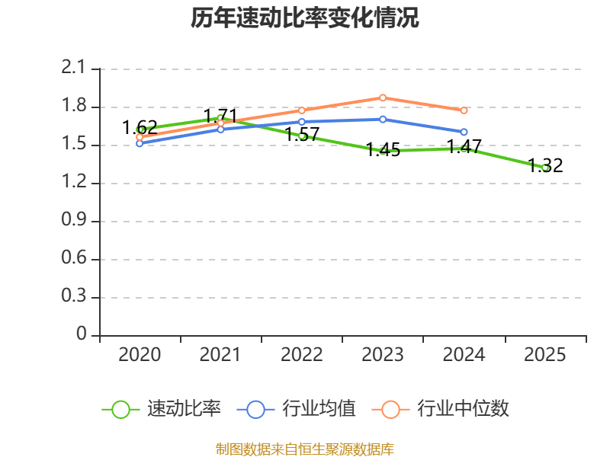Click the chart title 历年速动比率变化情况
[304, 18]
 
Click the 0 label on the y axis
[82, 335]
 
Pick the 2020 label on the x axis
[140, 355]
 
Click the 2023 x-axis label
[383, 355]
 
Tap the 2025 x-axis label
[545, 355]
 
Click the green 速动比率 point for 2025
[545, 168]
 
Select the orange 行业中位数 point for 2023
[383, 97]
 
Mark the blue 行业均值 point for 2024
[464, 133]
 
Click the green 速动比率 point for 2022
[302, 136]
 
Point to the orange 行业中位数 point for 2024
[464, 110]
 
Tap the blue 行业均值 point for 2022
[302, 122]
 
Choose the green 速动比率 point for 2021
[221, 118]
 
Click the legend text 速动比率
[184, 409]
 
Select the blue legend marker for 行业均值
[255, 409]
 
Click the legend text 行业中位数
[463, 409]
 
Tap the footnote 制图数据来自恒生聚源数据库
[304, 449]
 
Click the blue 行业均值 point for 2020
[140, 143]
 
